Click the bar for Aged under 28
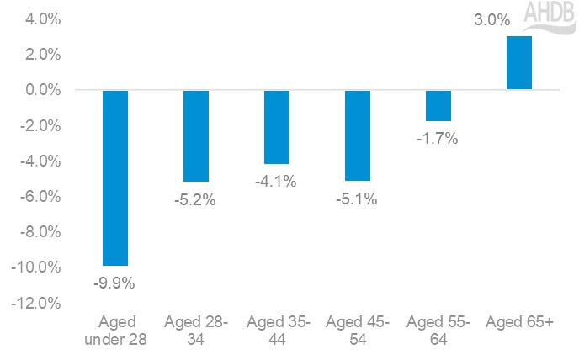[x=114, y=177]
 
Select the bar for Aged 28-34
[x=196, y=135]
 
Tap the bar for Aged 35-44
[x=277, y=126]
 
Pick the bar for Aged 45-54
[x=358, y=135]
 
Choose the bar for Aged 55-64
[x=438, y=105]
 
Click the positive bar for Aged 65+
[x=519, y=63]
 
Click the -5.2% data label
[x=196, y=200]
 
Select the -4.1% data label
[x=277, y=182]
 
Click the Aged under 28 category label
[x=115, y=331]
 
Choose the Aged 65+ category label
[x=519, y=323]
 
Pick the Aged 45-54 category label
[x=358, y=331]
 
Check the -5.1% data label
[x=358, y=200]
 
